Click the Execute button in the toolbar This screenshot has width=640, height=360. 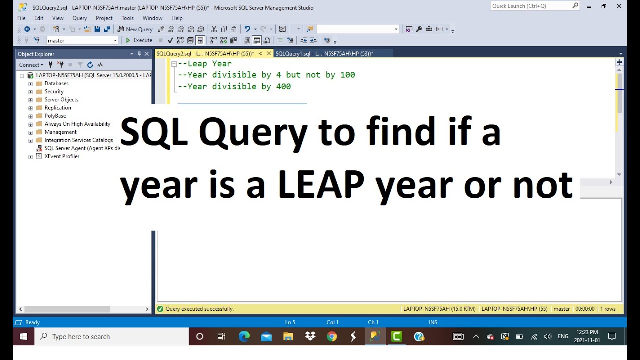139,40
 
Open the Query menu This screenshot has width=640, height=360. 79,18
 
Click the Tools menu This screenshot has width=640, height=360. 127,18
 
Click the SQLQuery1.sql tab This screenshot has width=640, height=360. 324,54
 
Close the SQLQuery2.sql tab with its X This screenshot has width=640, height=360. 269,54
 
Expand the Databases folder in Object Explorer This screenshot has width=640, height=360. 30,84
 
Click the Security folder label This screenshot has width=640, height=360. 54,92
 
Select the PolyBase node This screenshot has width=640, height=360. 55,116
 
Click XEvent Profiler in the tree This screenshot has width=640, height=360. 62,156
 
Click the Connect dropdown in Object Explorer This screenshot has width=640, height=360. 31,65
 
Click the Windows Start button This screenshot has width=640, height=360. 23,337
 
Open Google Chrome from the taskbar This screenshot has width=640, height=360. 332,337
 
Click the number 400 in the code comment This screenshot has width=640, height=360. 283,87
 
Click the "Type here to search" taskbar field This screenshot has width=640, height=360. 81,337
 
